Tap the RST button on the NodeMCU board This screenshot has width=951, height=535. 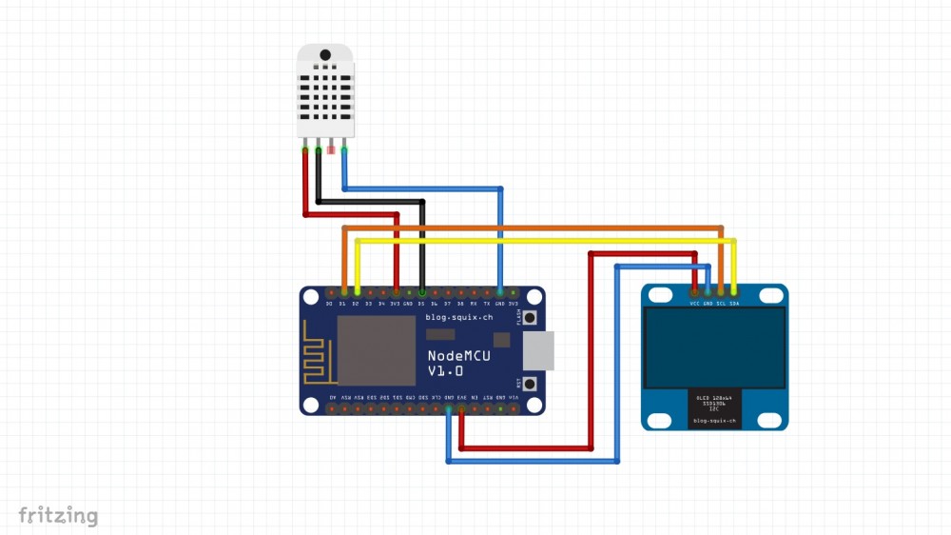click(531, 384)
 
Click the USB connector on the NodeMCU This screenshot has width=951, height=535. click(539, 350)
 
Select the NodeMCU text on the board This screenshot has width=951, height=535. click(458, 355)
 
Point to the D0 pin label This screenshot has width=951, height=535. click(329, 303)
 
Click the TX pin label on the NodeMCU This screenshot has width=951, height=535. click(487, 303)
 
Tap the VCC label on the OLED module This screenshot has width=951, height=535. click(695, 304)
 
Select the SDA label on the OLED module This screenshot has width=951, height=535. click(733, 304)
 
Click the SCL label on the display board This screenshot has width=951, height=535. click(721, 304)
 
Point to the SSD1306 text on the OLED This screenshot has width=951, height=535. click(714, 406)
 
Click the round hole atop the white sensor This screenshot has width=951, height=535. click(324, 54)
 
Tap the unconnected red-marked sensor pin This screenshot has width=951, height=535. click(331, 148)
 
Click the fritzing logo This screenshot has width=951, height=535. click(58, 517)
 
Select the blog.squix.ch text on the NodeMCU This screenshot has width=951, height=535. click(459, 317)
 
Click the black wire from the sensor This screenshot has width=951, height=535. click(371, 201)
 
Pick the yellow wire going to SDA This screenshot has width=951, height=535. click(542, 241)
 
